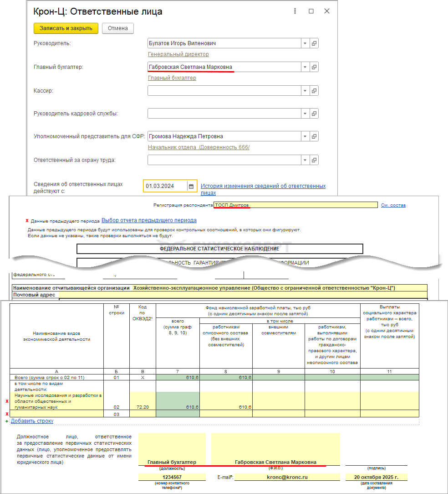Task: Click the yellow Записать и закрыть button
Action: point(66,28)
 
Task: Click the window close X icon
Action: point(327,11)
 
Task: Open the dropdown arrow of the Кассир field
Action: point(305,91)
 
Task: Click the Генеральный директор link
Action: point(178,54)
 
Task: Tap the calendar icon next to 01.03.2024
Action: point(192,186)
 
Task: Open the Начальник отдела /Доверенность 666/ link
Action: point(199,147)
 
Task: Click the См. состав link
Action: point(393,205)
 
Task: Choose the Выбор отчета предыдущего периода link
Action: point(149,220)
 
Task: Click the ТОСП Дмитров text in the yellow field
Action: point(232,205)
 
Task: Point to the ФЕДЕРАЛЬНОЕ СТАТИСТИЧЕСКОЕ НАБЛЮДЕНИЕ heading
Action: point(219,249)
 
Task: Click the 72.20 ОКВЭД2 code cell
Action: point(143,406)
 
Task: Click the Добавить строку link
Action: point(32,421)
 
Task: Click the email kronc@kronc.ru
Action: point(287,477)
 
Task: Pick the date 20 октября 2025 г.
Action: point(376,477)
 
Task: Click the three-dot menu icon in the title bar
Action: point(295,11)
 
